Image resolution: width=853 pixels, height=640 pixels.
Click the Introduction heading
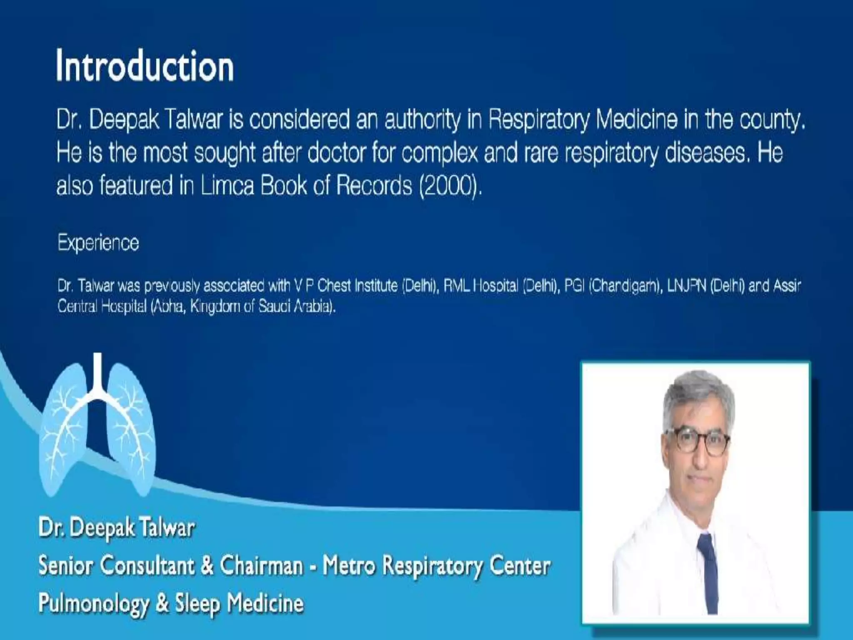point(145,66)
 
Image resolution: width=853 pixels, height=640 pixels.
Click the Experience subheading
point(98,242)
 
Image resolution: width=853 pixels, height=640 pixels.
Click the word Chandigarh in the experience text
point(625,286)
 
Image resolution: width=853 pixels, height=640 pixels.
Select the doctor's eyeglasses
point(698,442)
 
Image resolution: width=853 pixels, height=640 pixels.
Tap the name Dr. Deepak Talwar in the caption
point(117,527)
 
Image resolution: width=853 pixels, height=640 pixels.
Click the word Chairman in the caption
point(262,565)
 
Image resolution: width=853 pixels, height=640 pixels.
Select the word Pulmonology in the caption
point(94,603)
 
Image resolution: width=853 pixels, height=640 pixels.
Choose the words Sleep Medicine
point(239,603)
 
